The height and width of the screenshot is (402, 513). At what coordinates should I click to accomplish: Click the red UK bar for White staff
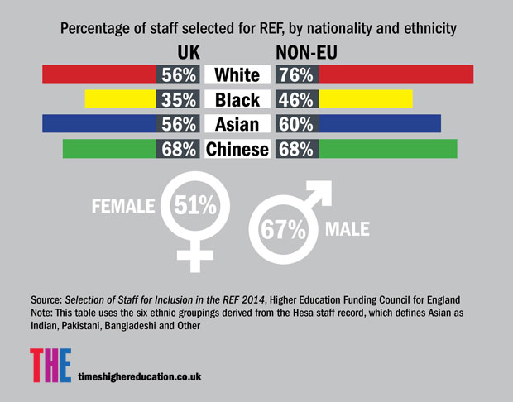click(x=99, y=75)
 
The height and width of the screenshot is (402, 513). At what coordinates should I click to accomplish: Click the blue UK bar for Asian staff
click(x=99, y=125)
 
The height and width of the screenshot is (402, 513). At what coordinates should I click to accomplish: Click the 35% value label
click(x=180, y=100)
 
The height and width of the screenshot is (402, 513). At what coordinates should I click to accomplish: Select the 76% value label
click(x=296, y=75)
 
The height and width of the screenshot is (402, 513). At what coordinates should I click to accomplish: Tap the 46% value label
click(x=296, y=100)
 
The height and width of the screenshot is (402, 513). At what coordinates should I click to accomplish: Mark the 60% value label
click(x=296, y=125)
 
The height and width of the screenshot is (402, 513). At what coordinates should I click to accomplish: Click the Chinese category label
click(x=237, y=150)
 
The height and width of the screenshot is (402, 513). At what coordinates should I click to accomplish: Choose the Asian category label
click(x=237, y=125)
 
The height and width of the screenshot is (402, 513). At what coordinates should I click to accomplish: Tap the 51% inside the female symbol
click(x=195, y=203)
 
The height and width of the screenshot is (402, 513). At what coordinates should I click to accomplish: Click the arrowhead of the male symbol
click(x=322, y=189)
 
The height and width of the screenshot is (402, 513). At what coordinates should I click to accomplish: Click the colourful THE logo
click(x=49, y=366)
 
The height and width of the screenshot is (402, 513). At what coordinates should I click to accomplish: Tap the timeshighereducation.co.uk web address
click(x=141, y=375)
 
